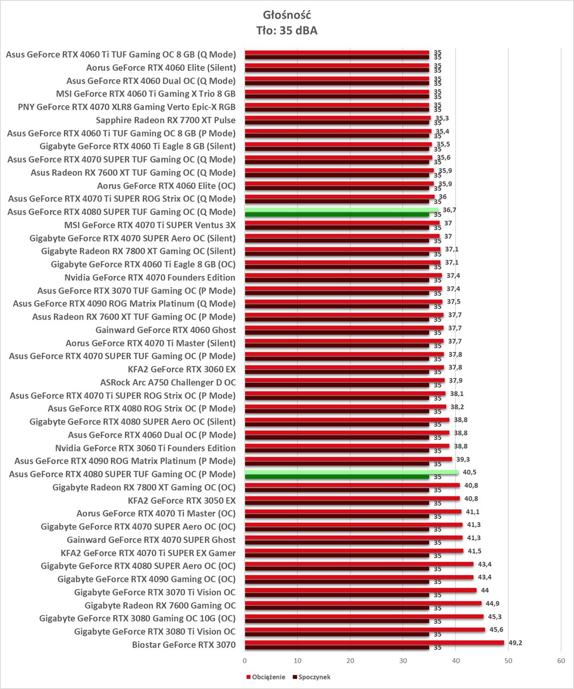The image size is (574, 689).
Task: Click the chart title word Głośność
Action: pos(287,15)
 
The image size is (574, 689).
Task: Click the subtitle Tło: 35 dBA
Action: pos(287,31)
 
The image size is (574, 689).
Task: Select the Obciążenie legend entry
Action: pos(268,677)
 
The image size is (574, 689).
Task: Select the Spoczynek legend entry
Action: pos(314,677)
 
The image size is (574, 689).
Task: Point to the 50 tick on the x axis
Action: pos(508,661)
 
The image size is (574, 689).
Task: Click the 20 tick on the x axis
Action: pos(350,661)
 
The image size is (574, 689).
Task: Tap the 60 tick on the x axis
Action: pos(561,661)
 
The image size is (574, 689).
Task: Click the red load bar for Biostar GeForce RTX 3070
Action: pos(374,643)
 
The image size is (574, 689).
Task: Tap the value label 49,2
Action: pos(515,643)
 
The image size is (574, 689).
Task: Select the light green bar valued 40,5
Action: pos(351,472)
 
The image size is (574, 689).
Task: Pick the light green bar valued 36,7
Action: pos(341,210)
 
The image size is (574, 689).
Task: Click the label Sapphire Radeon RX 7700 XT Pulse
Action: pos(165,120)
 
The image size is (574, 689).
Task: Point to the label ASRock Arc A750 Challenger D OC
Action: pos(168,383)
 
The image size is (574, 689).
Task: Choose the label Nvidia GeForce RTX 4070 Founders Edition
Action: pos(150,277)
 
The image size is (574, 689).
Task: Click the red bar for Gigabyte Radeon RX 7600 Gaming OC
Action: pos(363,604)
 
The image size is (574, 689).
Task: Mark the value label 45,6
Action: pos(496,630)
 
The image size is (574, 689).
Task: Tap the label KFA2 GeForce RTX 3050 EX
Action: pos(181,501)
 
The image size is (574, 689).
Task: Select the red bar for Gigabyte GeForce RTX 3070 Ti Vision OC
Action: pos(360,590)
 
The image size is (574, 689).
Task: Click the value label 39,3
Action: pos(463,459)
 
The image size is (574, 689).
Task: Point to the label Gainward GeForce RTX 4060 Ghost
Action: pos(165,330)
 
